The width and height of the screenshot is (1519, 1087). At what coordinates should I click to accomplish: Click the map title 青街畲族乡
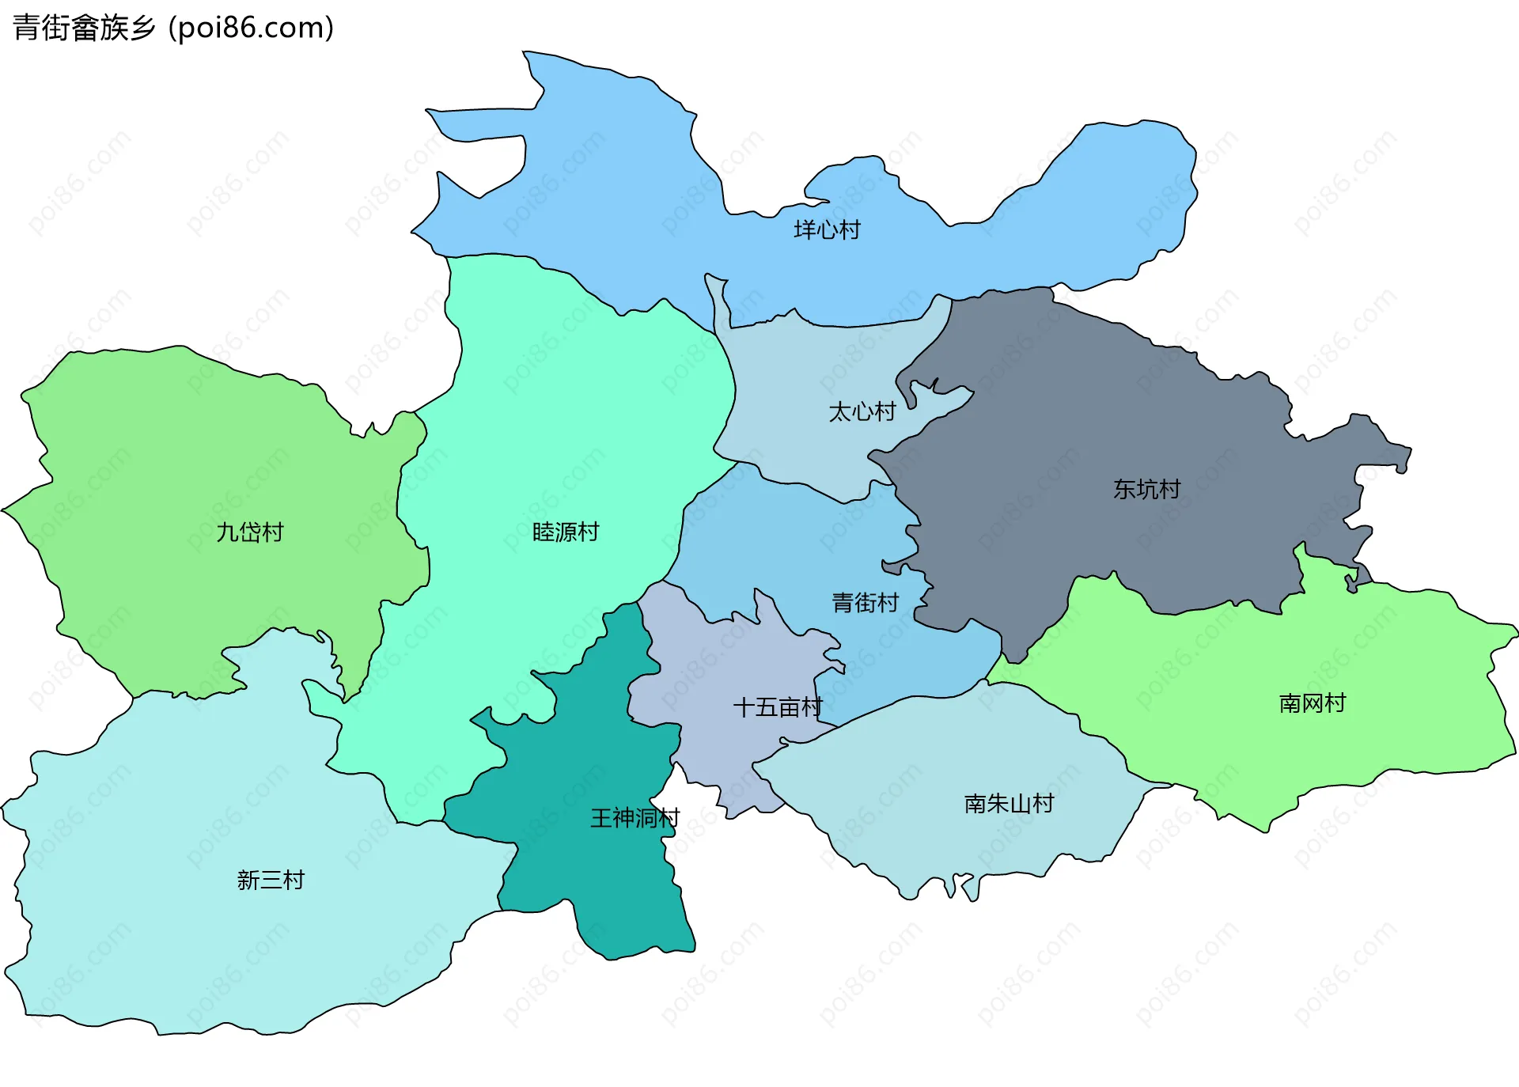[84, 28]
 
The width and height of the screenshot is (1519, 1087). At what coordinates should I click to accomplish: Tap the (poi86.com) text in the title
[251, 28]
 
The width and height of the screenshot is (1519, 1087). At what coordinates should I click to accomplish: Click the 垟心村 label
[827, 230]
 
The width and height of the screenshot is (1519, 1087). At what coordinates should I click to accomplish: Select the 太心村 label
[862, 412]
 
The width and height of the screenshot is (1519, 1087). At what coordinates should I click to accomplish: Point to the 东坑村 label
[1146, 490]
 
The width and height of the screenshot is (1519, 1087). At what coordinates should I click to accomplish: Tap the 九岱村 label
[250, 532]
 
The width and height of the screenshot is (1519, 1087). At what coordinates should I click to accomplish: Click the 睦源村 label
[566, 532]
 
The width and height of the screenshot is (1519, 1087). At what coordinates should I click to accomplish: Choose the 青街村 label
[865, 603]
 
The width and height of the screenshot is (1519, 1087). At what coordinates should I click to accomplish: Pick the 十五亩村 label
[778, 707]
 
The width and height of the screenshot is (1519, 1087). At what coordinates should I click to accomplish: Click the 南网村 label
[1312, 703]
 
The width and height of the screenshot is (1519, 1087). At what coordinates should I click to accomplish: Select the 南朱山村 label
[1009, 804]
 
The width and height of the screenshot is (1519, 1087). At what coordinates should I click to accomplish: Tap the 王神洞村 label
[634, 818]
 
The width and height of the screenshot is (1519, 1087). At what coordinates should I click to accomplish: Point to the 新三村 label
[271, 881]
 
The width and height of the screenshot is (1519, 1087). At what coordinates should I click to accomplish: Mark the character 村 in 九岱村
[273, 532]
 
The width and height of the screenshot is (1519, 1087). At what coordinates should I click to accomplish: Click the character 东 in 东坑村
[1124, 490]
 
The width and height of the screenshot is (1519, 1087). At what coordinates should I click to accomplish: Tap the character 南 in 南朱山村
[975, 804]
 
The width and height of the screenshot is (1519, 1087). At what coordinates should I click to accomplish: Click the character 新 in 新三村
[248, 881]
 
